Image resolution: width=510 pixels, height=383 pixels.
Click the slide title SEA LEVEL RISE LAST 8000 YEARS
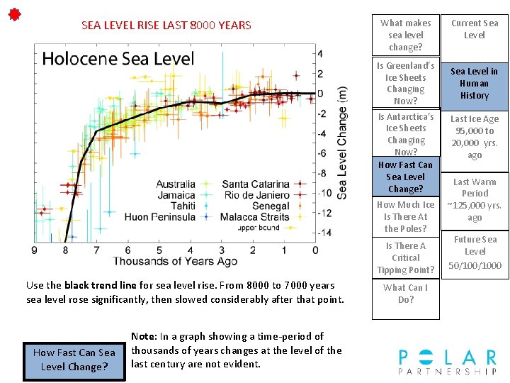tap(166, 26)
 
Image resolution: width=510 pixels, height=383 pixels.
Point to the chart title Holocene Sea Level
tap(118, 58)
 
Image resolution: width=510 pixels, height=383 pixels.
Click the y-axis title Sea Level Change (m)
tap(342, 143)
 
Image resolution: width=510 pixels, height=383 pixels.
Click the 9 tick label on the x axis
tap(35, 250)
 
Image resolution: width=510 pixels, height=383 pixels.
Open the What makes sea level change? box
tap(406, 35)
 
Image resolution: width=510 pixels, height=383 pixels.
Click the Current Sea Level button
tap(475, 30)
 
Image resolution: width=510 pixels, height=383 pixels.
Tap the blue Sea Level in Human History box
tap(475, 84)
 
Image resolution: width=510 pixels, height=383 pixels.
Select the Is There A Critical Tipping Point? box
tap(406, 257)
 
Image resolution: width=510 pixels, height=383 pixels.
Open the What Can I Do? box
tap(406, 294)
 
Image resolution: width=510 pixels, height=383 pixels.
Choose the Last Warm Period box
tap(475, 200)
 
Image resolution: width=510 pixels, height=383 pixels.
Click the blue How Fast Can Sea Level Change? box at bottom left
tap(74, 360)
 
